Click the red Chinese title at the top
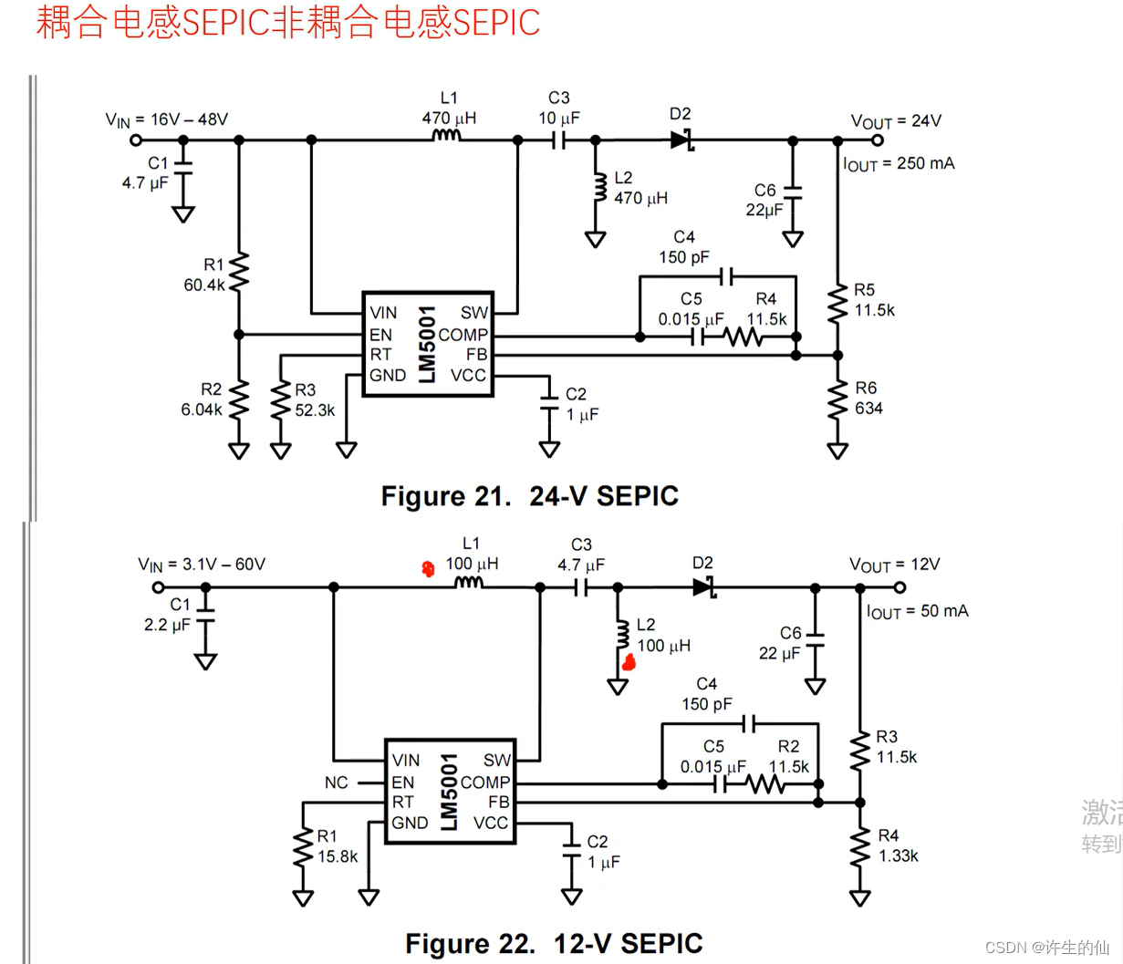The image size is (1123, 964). (x=287, y=23)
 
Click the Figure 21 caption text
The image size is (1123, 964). (x=529, y=496)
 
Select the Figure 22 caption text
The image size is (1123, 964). (x=554, y=943)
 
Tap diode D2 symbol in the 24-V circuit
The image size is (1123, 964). (x=681, y=140)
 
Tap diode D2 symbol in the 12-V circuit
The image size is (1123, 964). (x=703, y=587)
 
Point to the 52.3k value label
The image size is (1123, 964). (x=315, y=410)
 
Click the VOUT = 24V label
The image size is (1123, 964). (x=896, y=121)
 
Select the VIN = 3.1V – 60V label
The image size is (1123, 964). (x=202, y=565)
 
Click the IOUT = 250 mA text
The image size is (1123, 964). (x=899, y=164)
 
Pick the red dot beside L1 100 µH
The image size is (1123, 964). (x=428, y=569)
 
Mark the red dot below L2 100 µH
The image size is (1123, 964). (x=628, y=663)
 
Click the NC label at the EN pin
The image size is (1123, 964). (x=336, y=783)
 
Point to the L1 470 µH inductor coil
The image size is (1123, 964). (x=447, y=137)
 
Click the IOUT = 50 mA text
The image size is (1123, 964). (x=917, y=611)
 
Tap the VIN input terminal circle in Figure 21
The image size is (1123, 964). (x=136, y=140)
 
